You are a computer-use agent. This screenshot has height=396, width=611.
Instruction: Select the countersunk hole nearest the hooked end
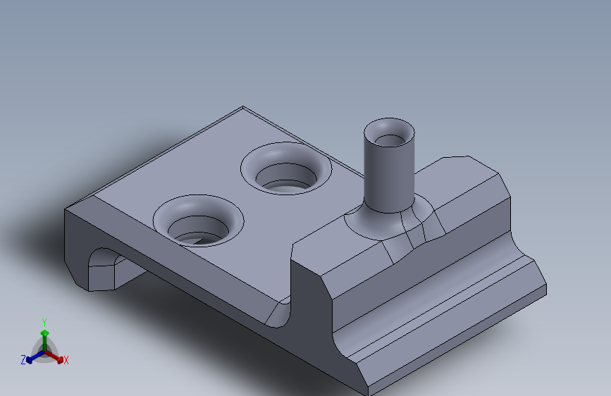pyautogui.click(x=198, y=220)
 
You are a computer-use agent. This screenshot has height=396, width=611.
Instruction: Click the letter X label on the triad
pyautogui.click(x=66, y=360)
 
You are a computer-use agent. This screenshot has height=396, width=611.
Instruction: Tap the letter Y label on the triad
pyautogui.click(x=44, y=321)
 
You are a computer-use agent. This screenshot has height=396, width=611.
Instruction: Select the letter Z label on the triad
pyautogui.click(x=23, y=360)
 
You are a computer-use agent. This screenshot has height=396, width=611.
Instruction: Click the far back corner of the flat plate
pyautogui.click(x=243, y=107)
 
